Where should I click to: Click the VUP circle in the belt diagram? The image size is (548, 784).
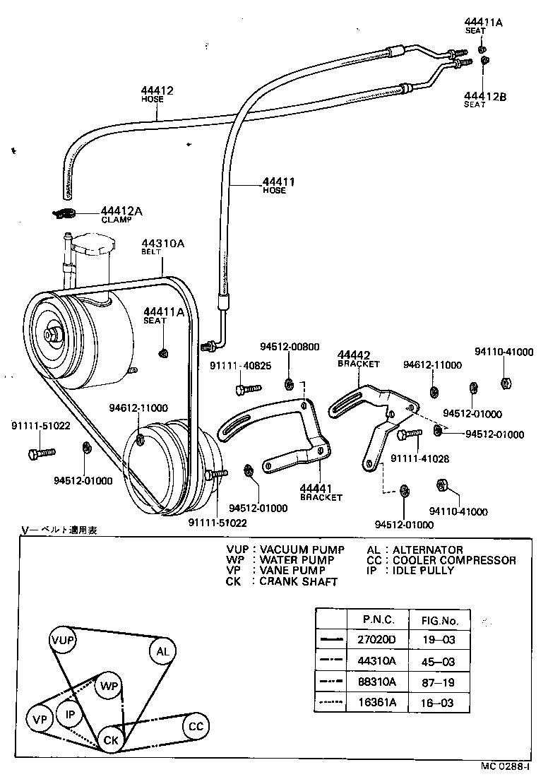click(x=63, y=640)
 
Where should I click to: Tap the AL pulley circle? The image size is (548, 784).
click(x=162, y=651)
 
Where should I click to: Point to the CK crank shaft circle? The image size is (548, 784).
click(x=110, y=740)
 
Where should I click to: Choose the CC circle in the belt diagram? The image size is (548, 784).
click(x=196, y=726)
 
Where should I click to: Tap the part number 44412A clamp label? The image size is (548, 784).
click(x=121, y=210)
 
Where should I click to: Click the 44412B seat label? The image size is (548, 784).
click(x=485, y=96)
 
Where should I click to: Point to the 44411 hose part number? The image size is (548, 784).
click(x=278, y=182)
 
